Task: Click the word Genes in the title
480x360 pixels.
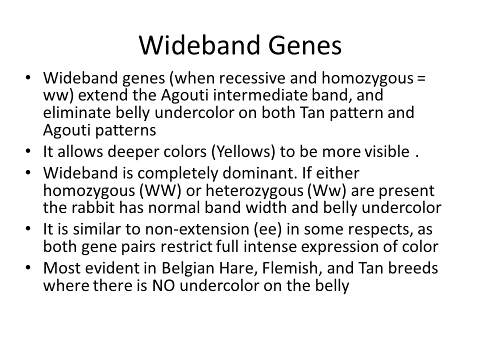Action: click(305, 45)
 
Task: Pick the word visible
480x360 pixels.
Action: click(386, 151)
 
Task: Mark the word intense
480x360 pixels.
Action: click(269, 246)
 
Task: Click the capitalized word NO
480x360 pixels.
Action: click(163, 285)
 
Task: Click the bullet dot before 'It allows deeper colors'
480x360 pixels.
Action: click(28, 151)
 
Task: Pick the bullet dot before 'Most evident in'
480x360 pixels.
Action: click(28, 268)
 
